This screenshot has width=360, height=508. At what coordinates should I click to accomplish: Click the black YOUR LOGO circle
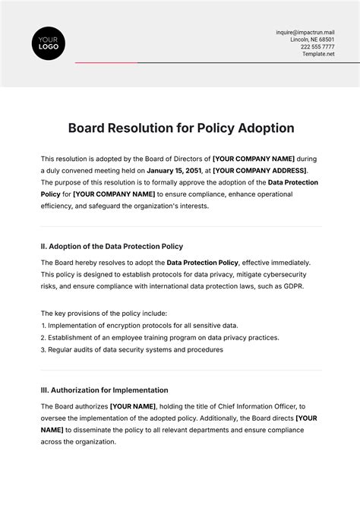point(49,43)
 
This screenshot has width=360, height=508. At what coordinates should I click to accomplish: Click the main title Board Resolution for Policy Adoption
point(181,128)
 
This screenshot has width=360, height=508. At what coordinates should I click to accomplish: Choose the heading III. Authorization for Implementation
point(104,390)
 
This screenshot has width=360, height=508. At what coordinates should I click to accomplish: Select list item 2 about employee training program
point(159,338)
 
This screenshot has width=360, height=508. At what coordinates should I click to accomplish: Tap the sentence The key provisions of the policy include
point(103,313)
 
